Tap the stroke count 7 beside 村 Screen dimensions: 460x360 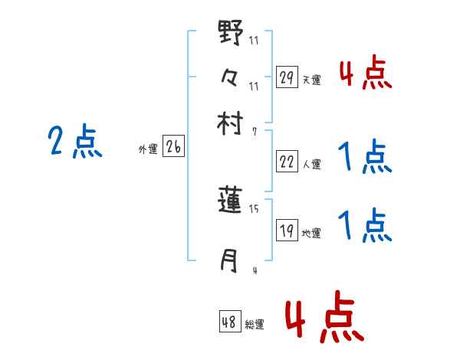[x=254, y=131]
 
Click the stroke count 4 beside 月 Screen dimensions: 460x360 [x=254, y=270]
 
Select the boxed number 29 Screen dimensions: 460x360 [x=287, y=77]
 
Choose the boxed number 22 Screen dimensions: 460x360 [x=287, y=161]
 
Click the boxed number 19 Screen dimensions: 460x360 [x=287, y=231]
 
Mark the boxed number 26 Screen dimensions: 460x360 [x=173, y=148]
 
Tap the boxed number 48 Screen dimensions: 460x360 [x=229, y=322]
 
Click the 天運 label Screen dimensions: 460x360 [x=312, y=80]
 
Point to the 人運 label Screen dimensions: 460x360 [x=312, y=164]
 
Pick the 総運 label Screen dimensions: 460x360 [x=255, y=325]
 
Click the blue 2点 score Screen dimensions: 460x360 [x=74, y=142]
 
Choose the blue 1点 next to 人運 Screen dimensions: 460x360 [x=365, y=158]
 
